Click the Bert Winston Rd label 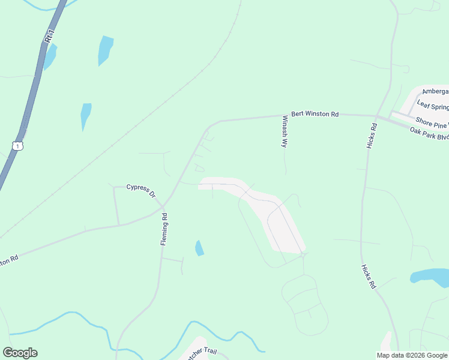pos(315,113)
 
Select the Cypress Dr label pos(141,190)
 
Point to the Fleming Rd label pos(163,229)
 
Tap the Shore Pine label pos(432,122)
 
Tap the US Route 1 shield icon pos(18,146)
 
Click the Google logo pos(20,353)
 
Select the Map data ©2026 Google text pos(411,355)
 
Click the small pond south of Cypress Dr pos(199,248)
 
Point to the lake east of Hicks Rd pos(429,277)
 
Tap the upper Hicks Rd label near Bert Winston pos(373,136)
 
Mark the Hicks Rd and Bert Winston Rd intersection pos(376,115)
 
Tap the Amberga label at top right pos(435,92)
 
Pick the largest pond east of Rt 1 pos(105,50)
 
